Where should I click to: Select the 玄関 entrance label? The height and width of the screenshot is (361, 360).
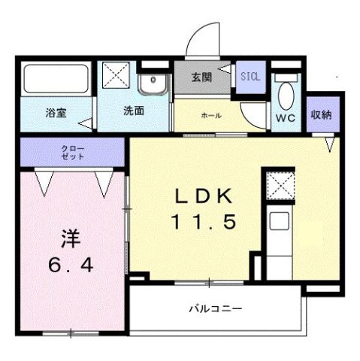pyautogui.click(x=201, y=78)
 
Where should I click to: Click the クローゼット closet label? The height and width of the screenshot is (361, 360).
pyautogui.click(x=73, y=153)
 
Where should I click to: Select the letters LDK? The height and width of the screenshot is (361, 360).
pyautogui.click(x=205, y=197)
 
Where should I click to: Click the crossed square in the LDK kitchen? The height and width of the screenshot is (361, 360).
pyautogui.click(x=278, y=184)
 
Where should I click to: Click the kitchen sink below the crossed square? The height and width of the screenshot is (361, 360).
pyautogui.click(x=278, y=224)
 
